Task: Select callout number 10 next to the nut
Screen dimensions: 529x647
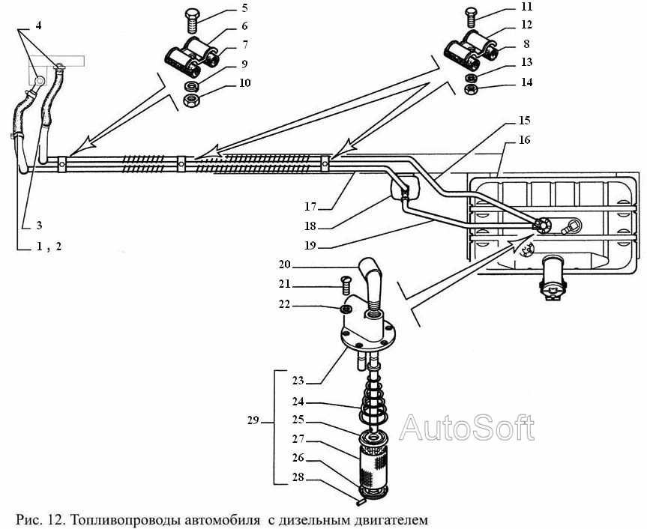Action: click(245, 83)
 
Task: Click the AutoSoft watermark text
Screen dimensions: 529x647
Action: click(467, 427)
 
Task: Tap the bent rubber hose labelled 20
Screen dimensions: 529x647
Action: click(373, 281)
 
